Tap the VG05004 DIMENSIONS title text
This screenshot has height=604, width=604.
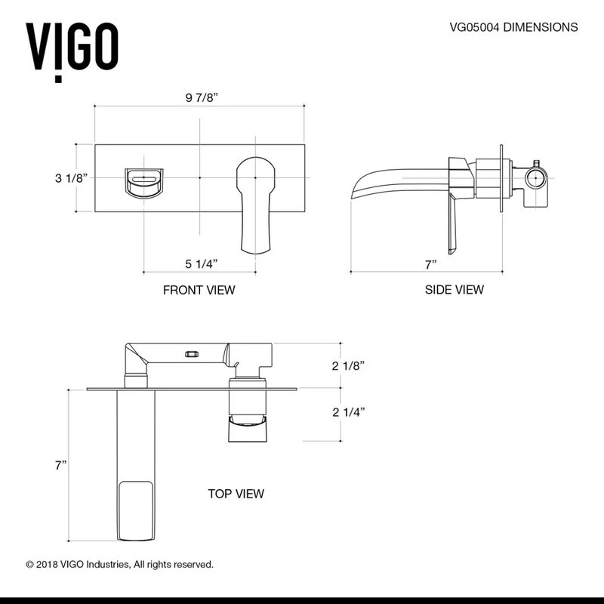[x=513, y=27]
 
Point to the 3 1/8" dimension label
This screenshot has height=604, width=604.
[x=72, y=177]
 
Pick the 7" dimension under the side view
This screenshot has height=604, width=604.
[x=431, y=263]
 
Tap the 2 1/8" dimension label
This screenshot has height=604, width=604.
[x=350, y=365]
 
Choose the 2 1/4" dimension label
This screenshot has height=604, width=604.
[x=350, y=412]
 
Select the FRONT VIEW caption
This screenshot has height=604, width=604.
[x=199, y=290]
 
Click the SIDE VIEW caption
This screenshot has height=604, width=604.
[x=454, y=290]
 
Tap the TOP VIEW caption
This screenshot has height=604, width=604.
[x=236, y=494]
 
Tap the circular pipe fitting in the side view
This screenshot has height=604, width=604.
[x=535, y=178]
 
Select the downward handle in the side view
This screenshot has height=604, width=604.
[x=453, y=226]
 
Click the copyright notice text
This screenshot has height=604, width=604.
[x=120, y=564]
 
